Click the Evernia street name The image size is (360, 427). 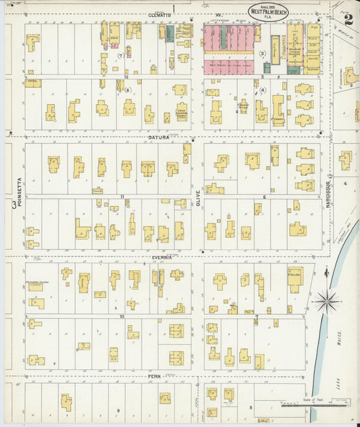[x=161, y=257]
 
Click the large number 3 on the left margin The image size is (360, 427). [x=12, y=202]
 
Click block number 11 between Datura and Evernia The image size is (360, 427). [x=122, y=196]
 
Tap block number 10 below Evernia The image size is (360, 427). [x=122, y=316]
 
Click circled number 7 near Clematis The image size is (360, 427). [x=120, y=55]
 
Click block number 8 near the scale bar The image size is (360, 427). [x=251, y=407]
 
